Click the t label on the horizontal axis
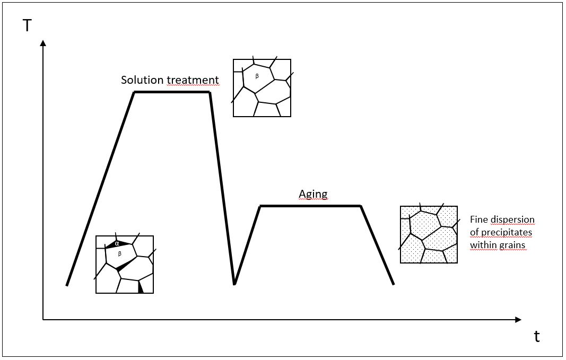[537, 337]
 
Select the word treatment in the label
[193, 80]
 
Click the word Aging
[313, 194]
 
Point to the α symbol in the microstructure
[117, 244]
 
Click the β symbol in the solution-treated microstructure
[257, 77]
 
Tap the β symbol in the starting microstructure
[119, 254]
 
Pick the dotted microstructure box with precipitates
[429, 234]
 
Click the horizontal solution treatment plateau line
[172, 92]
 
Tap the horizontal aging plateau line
[310, 206]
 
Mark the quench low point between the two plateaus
[234, 284]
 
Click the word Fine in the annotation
[479, 219]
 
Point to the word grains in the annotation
[510, 245]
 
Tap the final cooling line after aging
[378, 245]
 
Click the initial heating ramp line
[101, 188]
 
